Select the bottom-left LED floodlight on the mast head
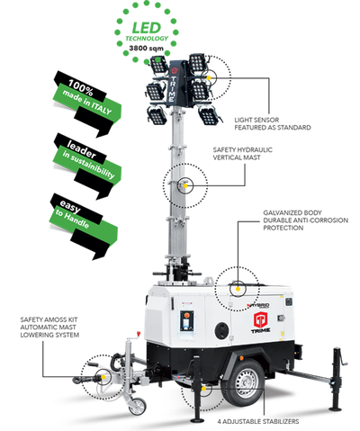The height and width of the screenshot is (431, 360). click(155, 113)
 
